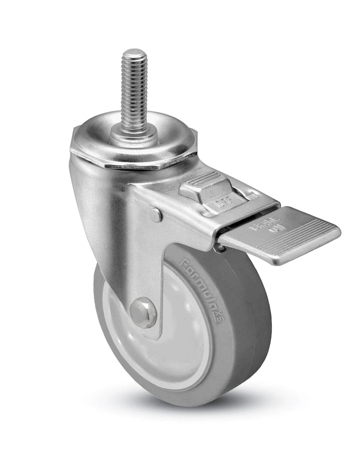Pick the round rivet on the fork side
156,215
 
